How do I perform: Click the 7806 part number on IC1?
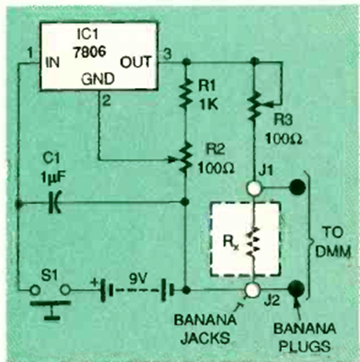coord(90,53)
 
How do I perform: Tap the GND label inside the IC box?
coord(97,79)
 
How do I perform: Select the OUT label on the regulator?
coord(136,62)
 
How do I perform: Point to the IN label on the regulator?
coord(53,63)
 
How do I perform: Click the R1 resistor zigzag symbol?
coord(186,93)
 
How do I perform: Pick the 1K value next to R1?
coord(208,104)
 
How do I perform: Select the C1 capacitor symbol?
coord(55,203)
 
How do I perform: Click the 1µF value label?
coord(53,178)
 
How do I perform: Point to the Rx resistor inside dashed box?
coord(253,241)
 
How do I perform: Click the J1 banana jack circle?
coord(254,188)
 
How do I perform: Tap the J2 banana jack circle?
coord(252,290)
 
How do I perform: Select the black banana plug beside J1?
coord(297,187)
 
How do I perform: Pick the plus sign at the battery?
coord(94,283)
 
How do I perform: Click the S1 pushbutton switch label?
coord(50,276)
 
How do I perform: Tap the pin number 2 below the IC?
coord(106,101)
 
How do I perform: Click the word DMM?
coord(332,252)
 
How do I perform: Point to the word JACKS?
coord(205,338)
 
